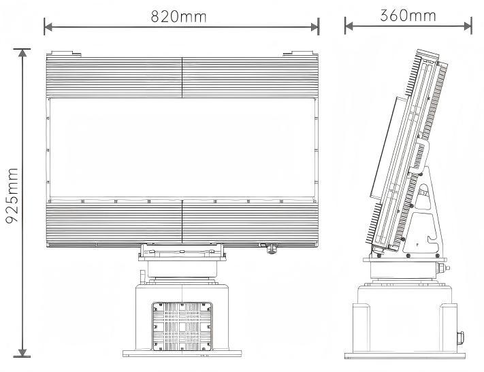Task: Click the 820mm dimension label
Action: pyautogui.click(x=178, y=16)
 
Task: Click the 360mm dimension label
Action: pyautogui.click(x=408, y=16)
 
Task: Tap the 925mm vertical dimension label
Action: pyautogui.click(x=12, y=195)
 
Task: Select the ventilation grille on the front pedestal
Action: pyautogui.click(x=182, y=326)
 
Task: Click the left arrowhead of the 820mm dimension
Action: pyautogui.click(x=48, y=27)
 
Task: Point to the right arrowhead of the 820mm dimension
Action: pyautogui.click(x=314, y=27)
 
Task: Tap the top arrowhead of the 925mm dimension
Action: pyautogui.click(x=22, y=53)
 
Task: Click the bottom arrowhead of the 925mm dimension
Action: pyautogui.click(x=22, y=352)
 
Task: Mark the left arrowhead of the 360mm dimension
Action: pyautogui.click(x=349, y=27)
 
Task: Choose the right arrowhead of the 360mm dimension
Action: pyautogui.click(x=468, y=27)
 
